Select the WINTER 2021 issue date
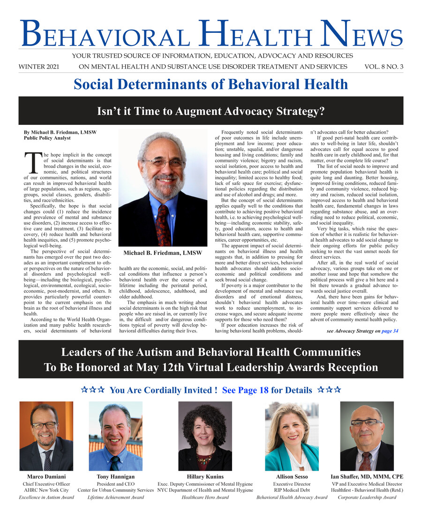coord(39,67)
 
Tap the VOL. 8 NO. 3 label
coord(383,67)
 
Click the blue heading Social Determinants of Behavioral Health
coord(211,84)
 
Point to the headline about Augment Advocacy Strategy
coord(211,111)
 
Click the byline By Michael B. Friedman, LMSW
coord(60,132)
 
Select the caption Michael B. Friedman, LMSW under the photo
coord(162,253)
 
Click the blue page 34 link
coord(390,331)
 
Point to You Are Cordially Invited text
coord(162,390)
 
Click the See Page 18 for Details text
coord(267,390)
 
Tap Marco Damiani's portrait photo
coord(46,436)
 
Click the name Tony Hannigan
coord(115,477)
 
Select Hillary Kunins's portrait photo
coord(205,436)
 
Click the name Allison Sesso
coord(292,477)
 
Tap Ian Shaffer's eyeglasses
coord(366,422)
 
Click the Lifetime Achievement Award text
coord(115,497)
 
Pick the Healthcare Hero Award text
coord(205,497)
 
